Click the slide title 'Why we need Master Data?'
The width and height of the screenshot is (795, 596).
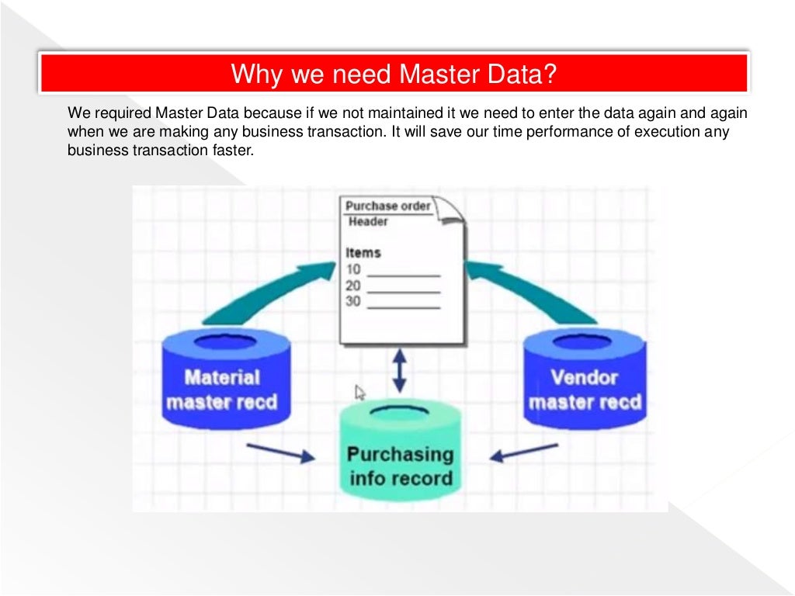[x=394, y=74]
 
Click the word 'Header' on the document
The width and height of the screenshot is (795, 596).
[x=368, y=222]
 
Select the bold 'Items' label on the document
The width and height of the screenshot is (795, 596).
[x=363, y=253]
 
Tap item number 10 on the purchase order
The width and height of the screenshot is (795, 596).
[x=353, y=270]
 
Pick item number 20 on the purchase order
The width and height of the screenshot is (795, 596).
[x=353, y=286]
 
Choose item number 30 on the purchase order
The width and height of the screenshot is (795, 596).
[x=353, y=301]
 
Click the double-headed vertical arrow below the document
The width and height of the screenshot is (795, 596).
[x=399, y=371]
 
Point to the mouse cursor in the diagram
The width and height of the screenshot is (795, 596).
[x=360, y=392]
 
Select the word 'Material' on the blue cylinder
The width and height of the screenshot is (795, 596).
[x=222, y=378]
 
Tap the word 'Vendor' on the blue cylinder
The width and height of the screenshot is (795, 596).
[x=584, y=378]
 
